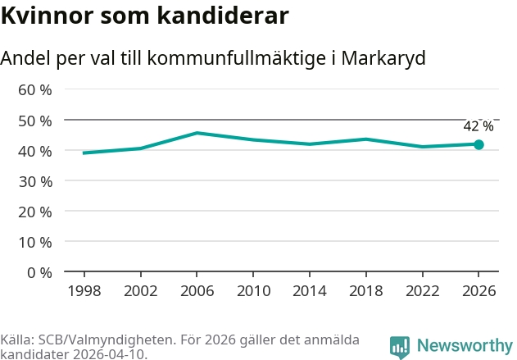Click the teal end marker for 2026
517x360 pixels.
[478, 144]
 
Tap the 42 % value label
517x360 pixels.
[478, 126]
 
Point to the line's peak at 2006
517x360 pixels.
[197, 133]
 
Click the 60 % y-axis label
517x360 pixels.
[35, 89]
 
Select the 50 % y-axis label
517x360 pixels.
[35, 121]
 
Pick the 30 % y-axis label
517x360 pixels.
[35, 182]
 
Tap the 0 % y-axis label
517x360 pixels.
[39, 273]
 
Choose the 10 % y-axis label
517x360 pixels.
[35, 243]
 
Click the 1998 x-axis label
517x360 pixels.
[84, 291]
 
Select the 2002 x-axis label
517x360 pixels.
[141, 291]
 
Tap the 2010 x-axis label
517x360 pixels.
[253, 291]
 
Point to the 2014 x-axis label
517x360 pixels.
[310, 291]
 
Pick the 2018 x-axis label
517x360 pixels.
[366, 291]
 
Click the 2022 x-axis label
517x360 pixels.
[423, 291]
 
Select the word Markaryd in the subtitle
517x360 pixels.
[383, 58]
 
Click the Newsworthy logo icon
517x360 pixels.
[399, 347]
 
